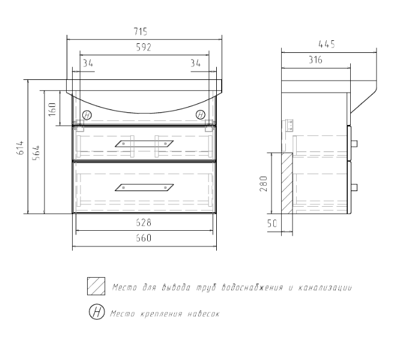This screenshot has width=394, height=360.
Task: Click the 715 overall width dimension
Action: (140, 32)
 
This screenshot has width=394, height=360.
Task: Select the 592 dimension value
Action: (144, 47)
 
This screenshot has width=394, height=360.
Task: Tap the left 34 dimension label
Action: (88, 63)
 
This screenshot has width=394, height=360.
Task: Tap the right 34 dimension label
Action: (195, 63)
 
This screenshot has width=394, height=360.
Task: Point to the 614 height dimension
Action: (20, 147)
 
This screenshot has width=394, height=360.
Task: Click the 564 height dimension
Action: (37, 152)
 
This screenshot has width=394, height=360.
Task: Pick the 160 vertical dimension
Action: (52, 109)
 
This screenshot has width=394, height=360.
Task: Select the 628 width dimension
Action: (144, 222)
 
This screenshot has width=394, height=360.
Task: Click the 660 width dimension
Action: (144, 238)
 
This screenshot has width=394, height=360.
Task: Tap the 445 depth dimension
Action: (327, 44)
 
